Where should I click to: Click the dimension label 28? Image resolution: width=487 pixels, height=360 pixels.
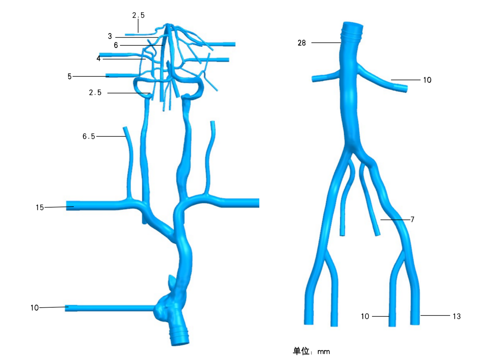[x=302, y=43]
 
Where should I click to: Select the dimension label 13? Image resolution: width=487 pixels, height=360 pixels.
[x=457, y=316]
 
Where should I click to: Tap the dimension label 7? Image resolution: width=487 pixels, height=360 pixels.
[x=412, y=219]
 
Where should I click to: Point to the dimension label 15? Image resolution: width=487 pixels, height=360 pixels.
[x=40, y=207]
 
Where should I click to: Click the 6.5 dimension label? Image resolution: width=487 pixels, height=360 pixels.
[x=89, y=136]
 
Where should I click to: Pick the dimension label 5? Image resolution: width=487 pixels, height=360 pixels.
[x=70, y=77]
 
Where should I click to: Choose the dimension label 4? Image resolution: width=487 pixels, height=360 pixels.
[x=98, y=58]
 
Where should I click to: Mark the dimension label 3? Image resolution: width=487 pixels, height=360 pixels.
[x=110, y=36]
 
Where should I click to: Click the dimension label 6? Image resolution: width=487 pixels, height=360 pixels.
[x=116, y=45]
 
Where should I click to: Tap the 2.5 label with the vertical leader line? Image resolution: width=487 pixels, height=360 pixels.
[x=138, y=15]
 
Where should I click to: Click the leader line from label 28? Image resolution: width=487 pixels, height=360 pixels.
[x=326, y=43]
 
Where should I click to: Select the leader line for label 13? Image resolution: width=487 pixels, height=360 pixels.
[x=435, y=315]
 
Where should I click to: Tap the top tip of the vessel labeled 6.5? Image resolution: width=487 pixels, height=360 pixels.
[x=125, y=128]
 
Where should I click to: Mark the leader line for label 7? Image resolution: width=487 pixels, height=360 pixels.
[x=395, y=220]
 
